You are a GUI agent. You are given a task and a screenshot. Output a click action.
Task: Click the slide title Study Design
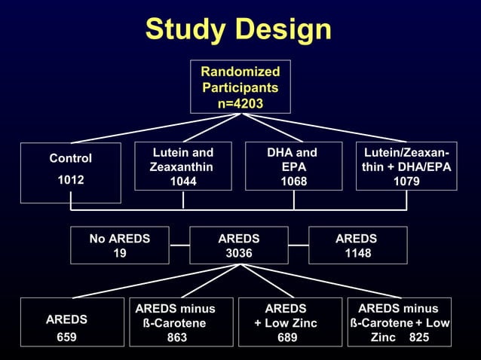[238, 29]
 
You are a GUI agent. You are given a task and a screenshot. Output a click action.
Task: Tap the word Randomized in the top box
[240, 72]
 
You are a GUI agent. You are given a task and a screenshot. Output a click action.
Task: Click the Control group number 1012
[70, 180]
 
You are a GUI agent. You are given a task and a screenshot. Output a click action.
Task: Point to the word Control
[70, 159]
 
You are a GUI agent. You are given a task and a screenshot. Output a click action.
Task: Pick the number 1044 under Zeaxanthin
[183, 181]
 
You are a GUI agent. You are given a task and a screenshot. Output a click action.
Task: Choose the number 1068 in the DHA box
[293, 181]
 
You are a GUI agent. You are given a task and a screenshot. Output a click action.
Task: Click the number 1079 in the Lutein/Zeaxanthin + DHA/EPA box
[406, 181]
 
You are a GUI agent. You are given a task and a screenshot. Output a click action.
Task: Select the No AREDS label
[119, 239]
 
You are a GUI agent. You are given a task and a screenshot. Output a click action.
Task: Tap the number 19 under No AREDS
[119, 254]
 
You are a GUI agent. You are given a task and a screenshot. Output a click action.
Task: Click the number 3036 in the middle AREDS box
[239, 254]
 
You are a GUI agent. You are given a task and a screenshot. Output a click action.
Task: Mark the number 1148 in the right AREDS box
[357, 254]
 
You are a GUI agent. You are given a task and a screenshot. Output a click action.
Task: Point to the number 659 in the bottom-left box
[66, 337]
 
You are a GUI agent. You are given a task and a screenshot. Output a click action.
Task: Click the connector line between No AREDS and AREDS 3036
[179, 246]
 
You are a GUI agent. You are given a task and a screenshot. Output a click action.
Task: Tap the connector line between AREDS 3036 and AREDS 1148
[299, 246]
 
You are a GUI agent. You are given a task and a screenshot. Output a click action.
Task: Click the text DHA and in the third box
[293, 152]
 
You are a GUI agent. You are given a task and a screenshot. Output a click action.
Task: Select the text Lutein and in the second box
[182, 152]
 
